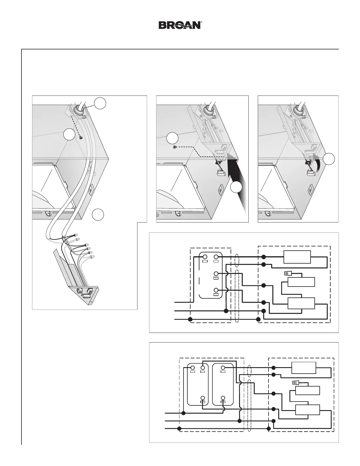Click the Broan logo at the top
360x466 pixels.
click(x=180, y=25)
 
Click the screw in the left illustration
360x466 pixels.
click(x=81, y=137)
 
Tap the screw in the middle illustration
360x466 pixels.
click(x=175, y=147)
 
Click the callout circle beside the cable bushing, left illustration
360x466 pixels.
click(x=100, y=104)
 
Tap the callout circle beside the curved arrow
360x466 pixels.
click(x=329, y=159)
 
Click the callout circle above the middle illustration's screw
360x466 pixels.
click(x=172, y=138)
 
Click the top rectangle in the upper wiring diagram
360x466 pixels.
click(x=297, y=257)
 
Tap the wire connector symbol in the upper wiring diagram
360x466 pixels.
click(x=287, y=273)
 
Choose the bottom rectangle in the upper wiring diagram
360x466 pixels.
click(x=301, y=303)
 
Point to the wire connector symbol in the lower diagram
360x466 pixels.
click(x=295, y=383)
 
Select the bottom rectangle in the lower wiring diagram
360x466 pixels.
click(x=307, y=410)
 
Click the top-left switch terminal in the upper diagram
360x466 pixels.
click(x=205, y=257)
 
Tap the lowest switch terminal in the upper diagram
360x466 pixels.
click(x=216, y=290)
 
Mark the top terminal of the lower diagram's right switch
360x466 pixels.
click(x=223, y=368)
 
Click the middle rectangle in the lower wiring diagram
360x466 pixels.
click(x=307, y=391)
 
